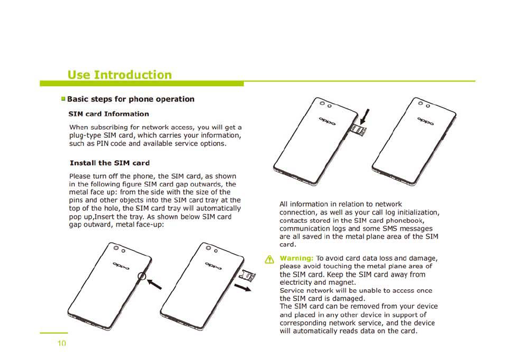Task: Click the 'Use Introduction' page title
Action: coord(119,75)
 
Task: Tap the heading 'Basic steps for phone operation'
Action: coord(130,99)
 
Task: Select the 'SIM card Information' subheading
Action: coord(109,114)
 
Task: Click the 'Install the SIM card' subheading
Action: coord(110,163)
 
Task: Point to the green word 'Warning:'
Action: coord(297,258)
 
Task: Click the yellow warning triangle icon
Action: coord(269,259)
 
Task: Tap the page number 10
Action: coord(62,344)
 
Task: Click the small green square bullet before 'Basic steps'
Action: coord(63,99)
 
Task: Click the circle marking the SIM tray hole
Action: coord(144,277)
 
